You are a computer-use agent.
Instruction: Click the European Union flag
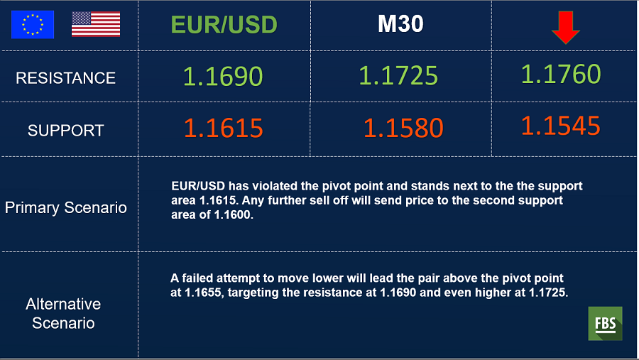point(33,24)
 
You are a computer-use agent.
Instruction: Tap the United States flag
point(96,24)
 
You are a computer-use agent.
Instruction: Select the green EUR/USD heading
point(224,24)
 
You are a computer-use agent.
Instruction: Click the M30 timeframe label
point(400,23)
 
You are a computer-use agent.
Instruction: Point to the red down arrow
point(566,27)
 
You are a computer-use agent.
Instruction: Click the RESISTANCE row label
point(65,78)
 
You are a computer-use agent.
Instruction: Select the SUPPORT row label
point(65,131)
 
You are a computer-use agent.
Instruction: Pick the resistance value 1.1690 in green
point(223,76)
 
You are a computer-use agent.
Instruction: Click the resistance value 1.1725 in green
point(398,75)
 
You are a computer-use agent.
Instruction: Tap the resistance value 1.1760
point(561,74)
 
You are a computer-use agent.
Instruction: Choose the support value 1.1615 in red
point(224,128)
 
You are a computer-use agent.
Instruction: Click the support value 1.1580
point(403,128)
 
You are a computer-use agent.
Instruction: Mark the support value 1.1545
point(561,125)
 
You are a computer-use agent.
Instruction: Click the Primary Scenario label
point(65,208)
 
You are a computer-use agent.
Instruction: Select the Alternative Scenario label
point(64,314)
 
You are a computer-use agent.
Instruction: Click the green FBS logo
point(605,323)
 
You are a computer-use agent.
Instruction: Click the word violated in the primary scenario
point(275,186)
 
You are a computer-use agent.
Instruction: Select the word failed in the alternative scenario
point(197,278)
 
